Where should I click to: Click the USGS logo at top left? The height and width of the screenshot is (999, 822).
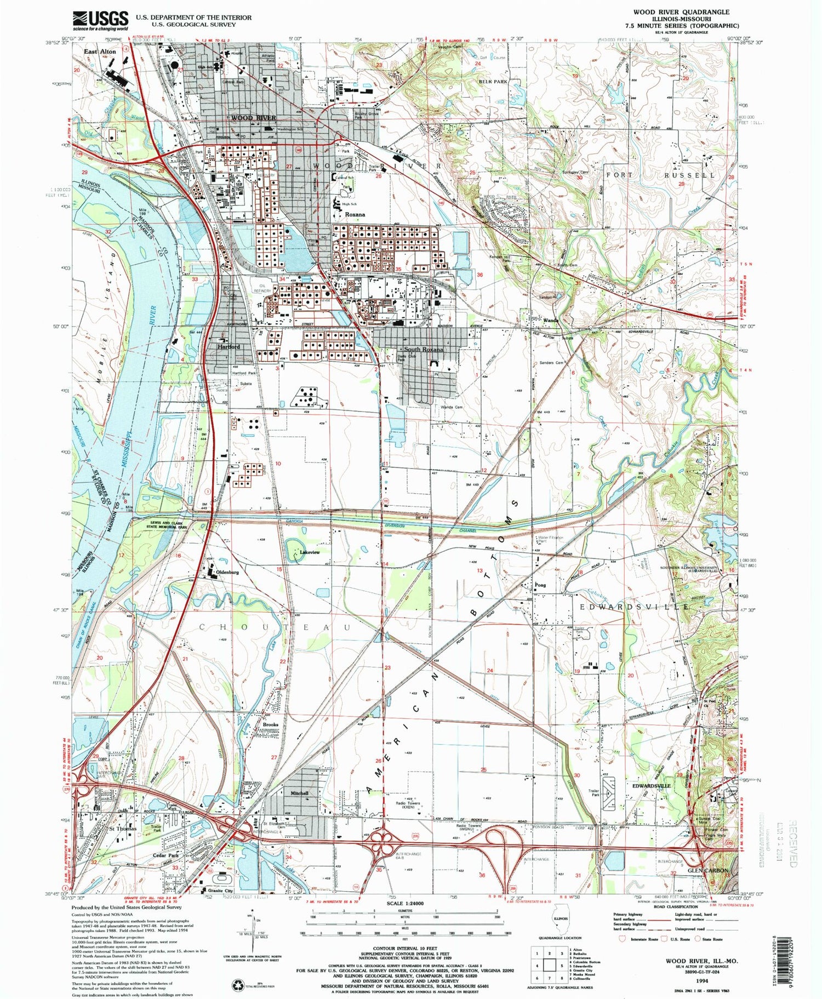tap(101, 21)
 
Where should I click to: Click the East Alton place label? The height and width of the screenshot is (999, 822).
tap(100, 52)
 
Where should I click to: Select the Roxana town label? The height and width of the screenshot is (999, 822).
tap(355, 215)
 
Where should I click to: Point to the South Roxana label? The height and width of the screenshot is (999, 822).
tap(423, 349)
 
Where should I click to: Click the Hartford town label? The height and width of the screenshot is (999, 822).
tap(229, 347)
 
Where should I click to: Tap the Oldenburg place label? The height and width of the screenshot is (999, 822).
tap(227, 572)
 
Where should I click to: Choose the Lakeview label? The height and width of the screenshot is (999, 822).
tap(310, 552)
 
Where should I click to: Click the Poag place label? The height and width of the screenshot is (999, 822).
tap(540, 585)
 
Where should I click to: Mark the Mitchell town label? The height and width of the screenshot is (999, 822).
tap(300, 793)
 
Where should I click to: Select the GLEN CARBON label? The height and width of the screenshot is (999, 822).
tap(708, 870)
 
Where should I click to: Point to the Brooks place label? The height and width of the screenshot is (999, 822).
tap(271, 724)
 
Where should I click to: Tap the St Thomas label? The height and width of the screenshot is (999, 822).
tap(122, 829)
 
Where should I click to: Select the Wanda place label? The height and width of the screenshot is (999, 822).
tap(550, 321)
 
